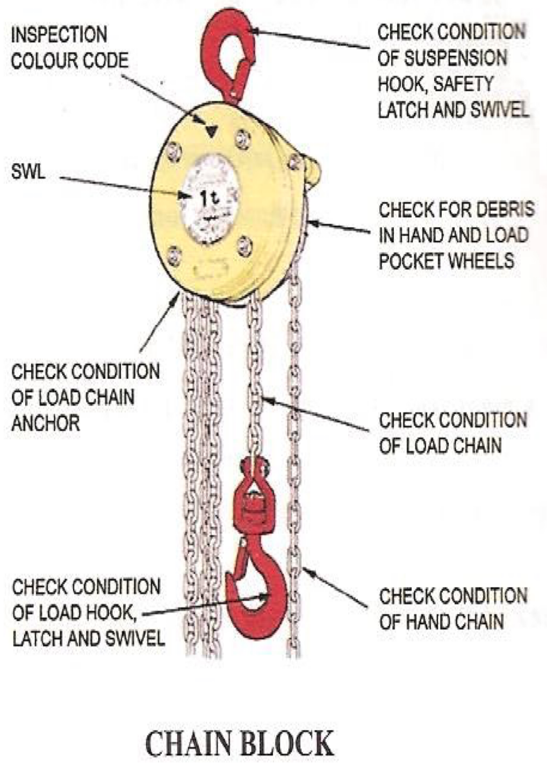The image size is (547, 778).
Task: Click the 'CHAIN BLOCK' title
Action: point(240,744)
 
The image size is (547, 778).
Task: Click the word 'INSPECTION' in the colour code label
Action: point(59,35)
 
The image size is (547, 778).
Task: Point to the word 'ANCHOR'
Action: point(46,423)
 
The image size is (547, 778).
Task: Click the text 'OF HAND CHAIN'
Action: point(441,622)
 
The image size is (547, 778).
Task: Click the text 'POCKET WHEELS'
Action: point(447,261)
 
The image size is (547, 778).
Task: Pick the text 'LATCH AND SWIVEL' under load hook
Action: point(88,638)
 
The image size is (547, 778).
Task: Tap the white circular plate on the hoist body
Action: point(210,199)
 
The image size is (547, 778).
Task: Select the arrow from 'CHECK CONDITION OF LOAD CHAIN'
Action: point(317,414)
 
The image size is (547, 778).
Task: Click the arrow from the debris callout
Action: point(339,227)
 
